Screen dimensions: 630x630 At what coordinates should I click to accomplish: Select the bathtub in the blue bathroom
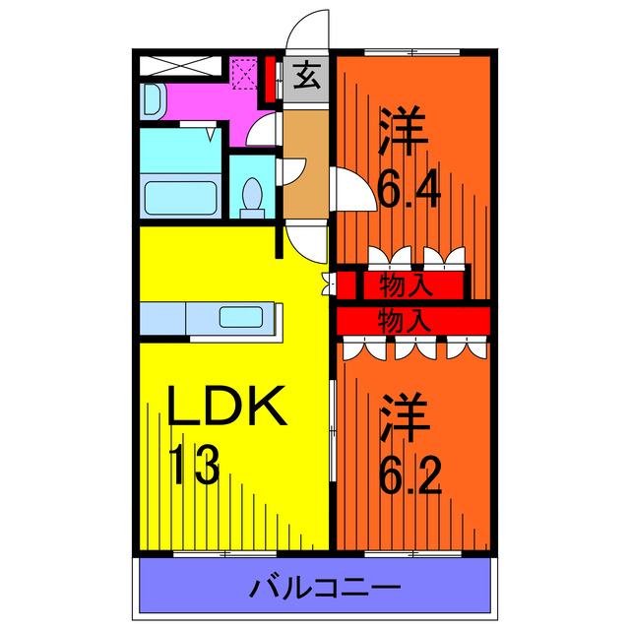[180, 196]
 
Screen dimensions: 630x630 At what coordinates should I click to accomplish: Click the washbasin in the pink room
[154, 99]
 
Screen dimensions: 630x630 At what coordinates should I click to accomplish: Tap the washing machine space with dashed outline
[245, 74]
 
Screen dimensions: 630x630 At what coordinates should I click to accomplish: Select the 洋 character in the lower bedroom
[403, 418]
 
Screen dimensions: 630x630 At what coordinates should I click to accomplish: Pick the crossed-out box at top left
[180, 67]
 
